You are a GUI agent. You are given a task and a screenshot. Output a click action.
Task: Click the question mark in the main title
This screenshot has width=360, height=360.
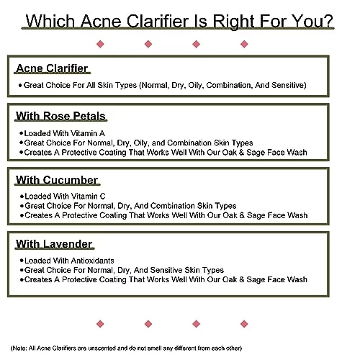(x=328, y=21)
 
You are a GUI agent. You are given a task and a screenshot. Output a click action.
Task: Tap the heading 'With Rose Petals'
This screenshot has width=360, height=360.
(x=60, y=116)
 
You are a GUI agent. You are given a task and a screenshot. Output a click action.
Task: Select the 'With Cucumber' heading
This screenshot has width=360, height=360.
(x=57, y=180)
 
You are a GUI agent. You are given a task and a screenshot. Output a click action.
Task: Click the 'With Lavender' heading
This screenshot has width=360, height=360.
(x=54, y=244)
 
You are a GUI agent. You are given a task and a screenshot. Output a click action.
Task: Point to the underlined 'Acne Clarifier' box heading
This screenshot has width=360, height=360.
(x=52, y=68)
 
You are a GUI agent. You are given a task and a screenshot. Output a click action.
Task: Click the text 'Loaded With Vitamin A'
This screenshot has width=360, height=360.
(x=65, y=133)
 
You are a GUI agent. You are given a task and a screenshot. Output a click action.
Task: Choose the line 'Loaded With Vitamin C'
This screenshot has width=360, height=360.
(x=65, y=197)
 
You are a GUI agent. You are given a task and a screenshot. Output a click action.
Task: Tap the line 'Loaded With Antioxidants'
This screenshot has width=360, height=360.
(x=69, y=261)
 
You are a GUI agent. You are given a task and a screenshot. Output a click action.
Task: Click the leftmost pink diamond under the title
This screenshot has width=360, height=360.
(x=100, y=44)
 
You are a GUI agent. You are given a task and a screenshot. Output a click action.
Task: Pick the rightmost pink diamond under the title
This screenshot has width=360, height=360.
(x=244, y=44)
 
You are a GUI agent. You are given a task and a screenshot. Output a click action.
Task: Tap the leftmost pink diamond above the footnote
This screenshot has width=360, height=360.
(x=100, y=324)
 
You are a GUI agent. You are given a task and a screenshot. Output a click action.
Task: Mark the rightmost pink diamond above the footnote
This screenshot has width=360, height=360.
(x=244, y=324)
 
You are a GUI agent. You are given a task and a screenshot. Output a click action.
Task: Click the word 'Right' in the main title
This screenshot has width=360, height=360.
(x=234, y=22)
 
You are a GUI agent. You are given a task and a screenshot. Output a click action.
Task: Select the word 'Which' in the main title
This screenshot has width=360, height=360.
(x=50, y=21)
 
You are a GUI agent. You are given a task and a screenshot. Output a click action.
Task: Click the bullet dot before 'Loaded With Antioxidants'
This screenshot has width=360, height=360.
(x=22, y=261)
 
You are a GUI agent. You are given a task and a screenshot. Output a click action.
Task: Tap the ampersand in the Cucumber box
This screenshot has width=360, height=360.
(x=242, y=215)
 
